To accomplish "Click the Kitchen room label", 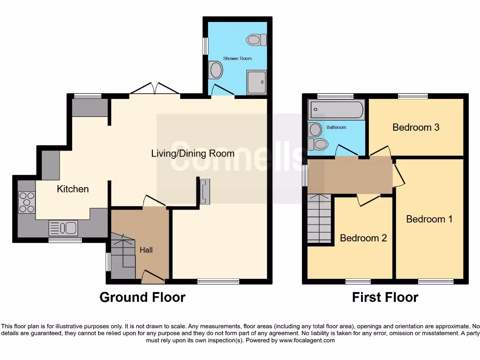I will [x=73, y=189].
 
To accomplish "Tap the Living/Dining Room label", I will [x=193, y=153].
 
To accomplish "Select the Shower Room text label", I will [x=237, y=59].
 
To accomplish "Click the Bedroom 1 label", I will [x=429, y=219].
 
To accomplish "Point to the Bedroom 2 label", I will [x=363, y=238].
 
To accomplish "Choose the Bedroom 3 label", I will [x=416, y=127].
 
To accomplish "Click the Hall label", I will [x=146, y=250].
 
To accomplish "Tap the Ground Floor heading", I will [x=142, y=297].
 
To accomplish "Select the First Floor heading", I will [x=385, y=297].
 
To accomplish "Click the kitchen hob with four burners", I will [x=26, y=202].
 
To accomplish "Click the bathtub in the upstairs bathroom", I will [x=336, y=109].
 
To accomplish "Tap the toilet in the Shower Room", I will [x=256, y=40].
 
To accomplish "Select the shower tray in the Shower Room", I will [x=256, y=82].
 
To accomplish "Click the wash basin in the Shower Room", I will [x=216, y=71].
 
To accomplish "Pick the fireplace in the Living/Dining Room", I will [x=205, y=191].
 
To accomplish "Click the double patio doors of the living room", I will [x=155, y=89].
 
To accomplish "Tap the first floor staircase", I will [x=319, y=218].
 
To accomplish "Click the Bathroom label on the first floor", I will [x=336, y=127].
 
